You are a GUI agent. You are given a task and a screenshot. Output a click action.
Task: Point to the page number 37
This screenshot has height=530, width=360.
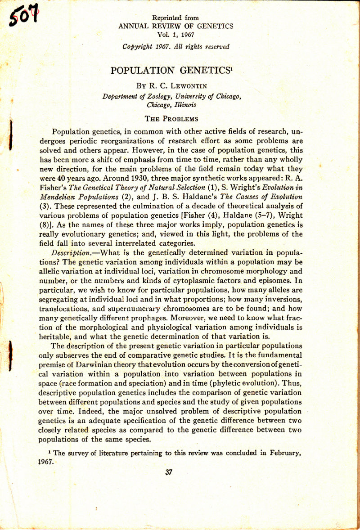[169, 472]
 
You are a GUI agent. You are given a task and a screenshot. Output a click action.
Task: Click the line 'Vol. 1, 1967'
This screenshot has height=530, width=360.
[175, 34]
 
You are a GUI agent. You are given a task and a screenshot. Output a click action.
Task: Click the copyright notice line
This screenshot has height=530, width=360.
[175, 46]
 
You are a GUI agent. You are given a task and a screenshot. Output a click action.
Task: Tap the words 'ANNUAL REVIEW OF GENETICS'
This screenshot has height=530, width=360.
[175, 26]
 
